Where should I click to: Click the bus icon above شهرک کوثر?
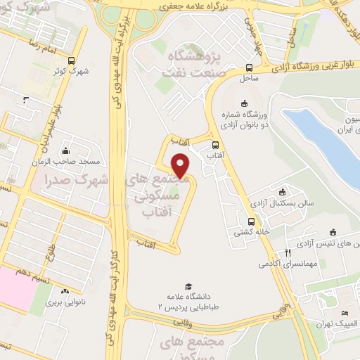[72, 60]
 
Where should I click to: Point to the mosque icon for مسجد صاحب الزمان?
[65, 150]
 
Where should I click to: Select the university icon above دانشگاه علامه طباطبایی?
[188, 285]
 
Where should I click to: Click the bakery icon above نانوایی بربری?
[64, 291]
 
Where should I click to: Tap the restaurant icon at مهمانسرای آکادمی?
[288, 252]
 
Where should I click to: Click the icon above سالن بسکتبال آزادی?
[283, 191]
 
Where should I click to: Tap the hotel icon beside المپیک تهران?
[344, 314]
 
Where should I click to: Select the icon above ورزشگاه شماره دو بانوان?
[244, 104]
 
